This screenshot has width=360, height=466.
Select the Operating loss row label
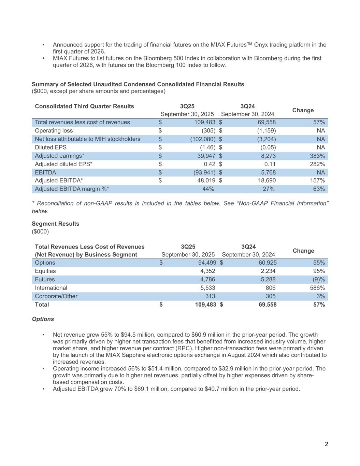point(54,131)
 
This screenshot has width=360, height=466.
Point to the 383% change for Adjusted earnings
point(317,156)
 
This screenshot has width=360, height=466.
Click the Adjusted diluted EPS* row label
point(63,164)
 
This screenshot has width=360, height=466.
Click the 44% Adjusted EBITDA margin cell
point(208,189)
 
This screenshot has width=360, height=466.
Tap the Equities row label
point(45,271)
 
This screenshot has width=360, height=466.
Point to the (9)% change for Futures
point(318,280)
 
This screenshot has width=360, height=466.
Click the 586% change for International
point(317,288)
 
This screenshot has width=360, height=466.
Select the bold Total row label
point(42,305)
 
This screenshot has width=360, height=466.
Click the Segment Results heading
point(55,224)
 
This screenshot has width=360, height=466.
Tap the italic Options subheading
point(43,319)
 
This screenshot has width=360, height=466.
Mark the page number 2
point(326,444)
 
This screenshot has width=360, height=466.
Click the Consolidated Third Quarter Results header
point(84,106)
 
